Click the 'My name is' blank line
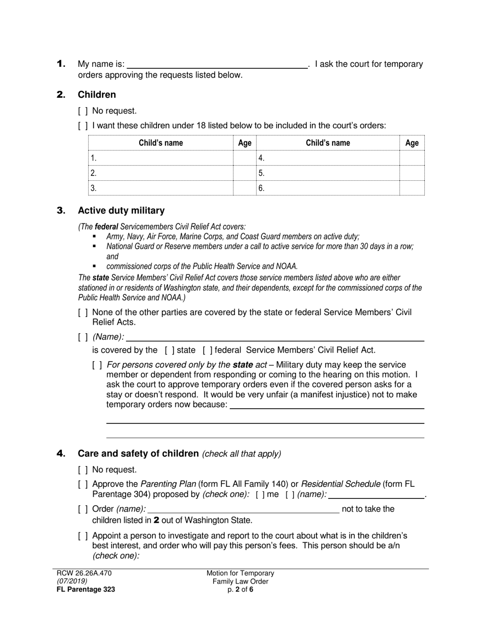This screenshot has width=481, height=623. point(217,64)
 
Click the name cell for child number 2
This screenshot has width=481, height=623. point(161,173)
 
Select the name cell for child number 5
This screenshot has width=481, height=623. point(328,173)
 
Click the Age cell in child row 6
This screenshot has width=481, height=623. point(412,188)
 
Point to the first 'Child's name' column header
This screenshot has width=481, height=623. point(161,143)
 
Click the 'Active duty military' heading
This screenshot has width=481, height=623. point(121,210)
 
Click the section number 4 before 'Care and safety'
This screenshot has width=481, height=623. point(61,453)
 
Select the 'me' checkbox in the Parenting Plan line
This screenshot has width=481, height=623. point(260,494)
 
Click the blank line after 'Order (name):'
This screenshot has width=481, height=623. point(244,509)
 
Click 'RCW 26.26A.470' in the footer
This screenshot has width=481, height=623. point(84,573)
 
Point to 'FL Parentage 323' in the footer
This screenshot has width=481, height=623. point(86,589)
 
